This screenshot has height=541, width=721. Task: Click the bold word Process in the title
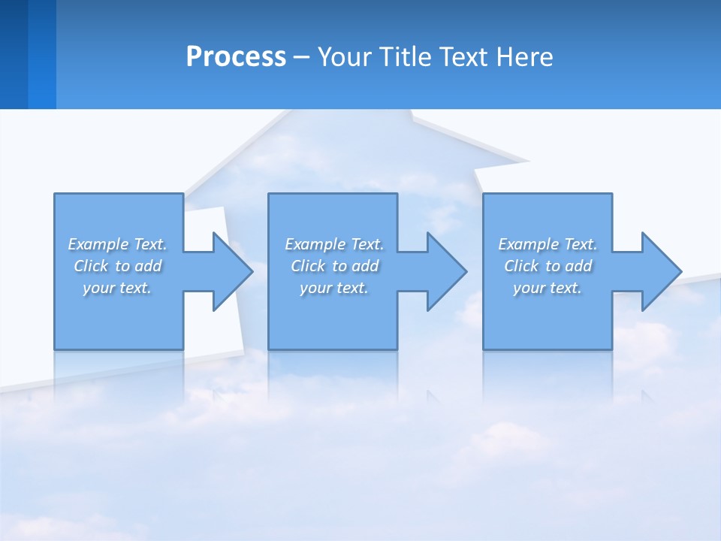(x=236, y=57)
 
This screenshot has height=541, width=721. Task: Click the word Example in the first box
(x=98, y=244)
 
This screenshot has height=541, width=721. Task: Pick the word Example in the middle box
(x=315, y=244)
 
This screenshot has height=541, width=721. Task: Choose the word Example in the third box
(x=528, y=244)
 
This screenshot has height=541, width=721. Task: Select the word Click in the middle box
(x=308, y=266)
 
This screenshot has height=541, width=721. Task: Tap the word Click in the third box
(x=521, y=266)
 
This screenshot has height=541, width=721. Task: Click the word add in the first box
(x=149, y=266)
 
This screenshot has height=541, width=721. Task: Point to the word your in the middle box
(x=315, y=288)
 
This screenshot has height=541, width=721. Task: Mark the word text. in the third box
(x=565, y=288)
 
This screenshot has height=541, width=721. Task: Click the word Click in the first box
(x=91, y=266)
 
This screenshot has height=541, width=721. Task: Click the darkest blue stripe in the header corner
(x=14, y=54)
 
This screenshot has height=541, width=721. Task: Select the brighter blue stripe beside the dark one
(x=42, y=54)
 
